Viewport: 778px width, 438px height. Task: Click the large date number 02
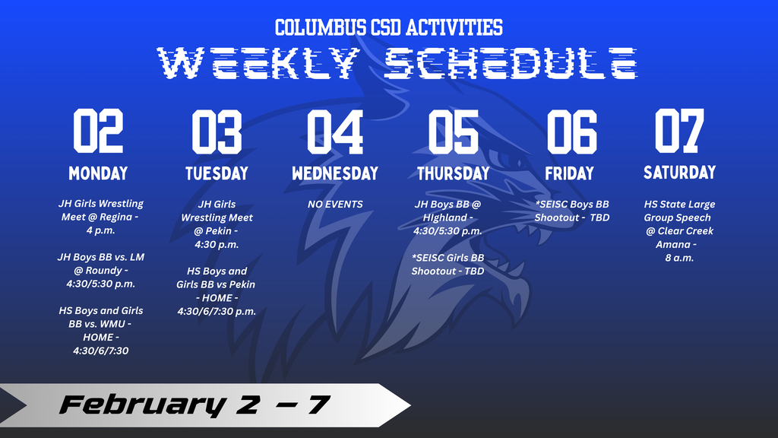(98, 131)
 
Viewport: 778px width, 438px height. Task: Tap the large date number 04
(335, 132)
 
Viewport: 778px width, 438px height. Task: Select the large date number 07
(679, 131)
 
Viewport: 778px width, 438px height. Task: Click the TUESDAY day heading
(217, 173)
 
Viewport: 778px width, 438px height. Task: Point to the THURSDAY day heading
(454, 173)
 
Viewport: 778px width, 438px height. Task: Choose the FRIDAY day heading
(570, 173)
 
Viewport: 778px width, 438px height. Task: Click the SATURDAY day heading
(680, 173)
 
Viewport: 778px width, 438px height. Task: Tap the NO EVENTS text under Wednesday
(335, 204)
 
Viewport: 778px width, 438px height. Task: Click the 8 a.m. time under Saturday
(679, 258)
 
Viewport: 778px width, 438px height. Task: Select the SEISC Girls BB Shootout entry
(448, 264)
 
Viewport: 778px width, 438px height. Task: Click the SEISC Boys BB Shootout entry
(572, 211)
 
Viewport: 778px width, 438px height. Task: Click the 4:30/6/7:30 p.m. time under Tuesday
(217, 311)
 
